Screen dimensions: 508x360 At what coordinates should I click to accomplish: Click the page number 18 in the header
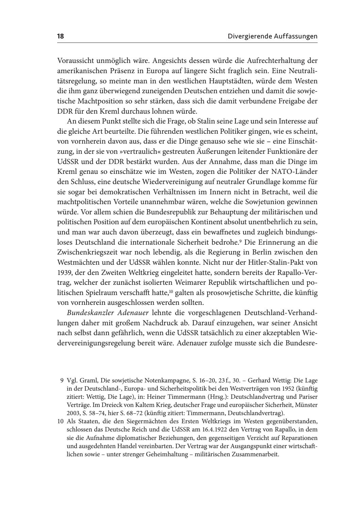pyautogui.click(x=61, y=36)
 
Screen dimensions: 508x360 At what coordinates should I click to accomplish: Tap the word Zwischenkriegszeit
pyautogui.click(x=89, y=252)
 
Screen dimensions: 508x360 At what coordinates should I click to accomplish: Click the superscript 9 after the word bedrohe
pyautogui.click(x=240, y=241)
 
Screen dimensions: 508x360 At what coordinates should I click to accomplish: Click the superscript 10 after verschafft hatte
pyautogui.click(x=171, y=292)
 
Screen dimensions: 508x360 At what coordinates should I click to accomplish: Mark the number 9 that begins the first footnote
pyautogui.click(x=62, y=380)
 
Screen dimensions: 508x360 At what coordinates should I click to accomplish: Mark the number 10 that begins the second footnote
pyautogui.click(x=61, y=421)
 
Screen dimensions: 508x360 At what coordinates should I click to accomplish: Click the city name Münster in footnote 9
pyautogui.click(x=307, y=405)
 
